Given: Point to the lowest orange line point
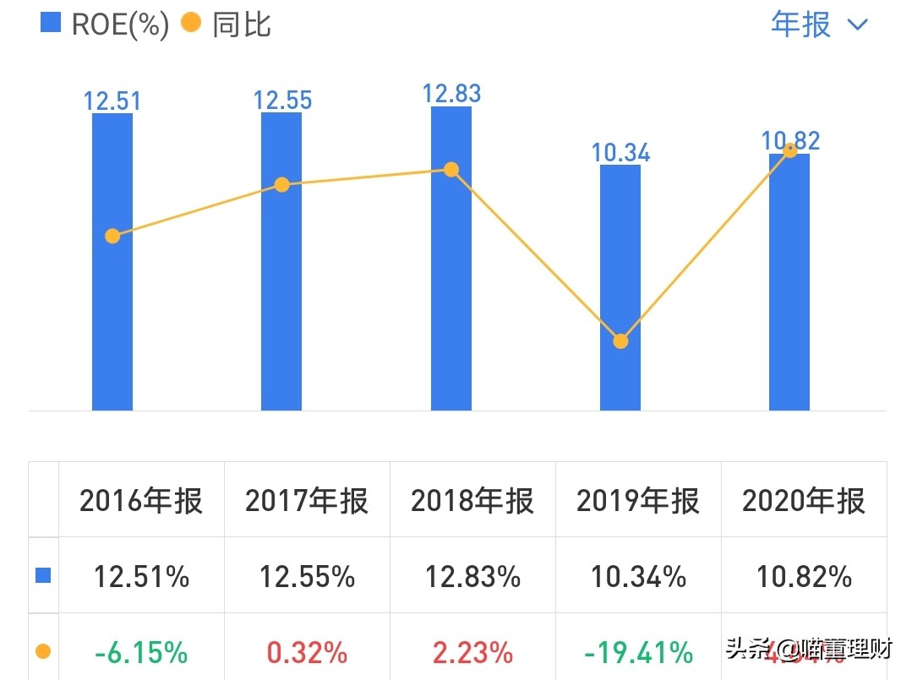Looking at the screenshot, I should (620, 341).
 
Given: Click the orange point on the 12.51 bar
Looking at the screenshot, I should (112, 236).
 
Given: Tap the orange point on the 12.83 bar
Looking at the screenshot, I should (451, 170).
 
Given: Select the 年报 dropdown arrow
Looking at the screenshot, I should (857, 24).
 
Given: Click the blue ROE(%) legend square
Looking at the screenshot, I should (51, 23).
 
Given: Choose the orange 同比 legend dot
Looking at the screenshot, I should (192, 23).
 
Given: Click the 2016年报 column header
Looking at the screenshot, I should (141, 501).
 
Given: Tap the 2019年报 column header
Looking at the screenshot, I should (638, 501).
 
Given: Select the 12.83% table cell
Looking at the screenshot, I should (472, 577).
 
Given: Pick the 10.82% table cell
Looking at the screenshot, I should (804, 577).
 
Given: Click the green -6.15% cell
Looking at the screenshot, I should (141, 652).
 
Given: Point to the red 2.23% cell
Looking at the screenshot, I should (472, 652).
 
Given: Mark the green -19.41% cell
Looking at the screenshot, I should (638, 652).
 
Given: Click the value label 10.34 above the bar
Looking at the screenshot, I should (620, 153).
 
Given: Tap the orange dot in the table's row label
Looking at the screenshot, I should (43, 651).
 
